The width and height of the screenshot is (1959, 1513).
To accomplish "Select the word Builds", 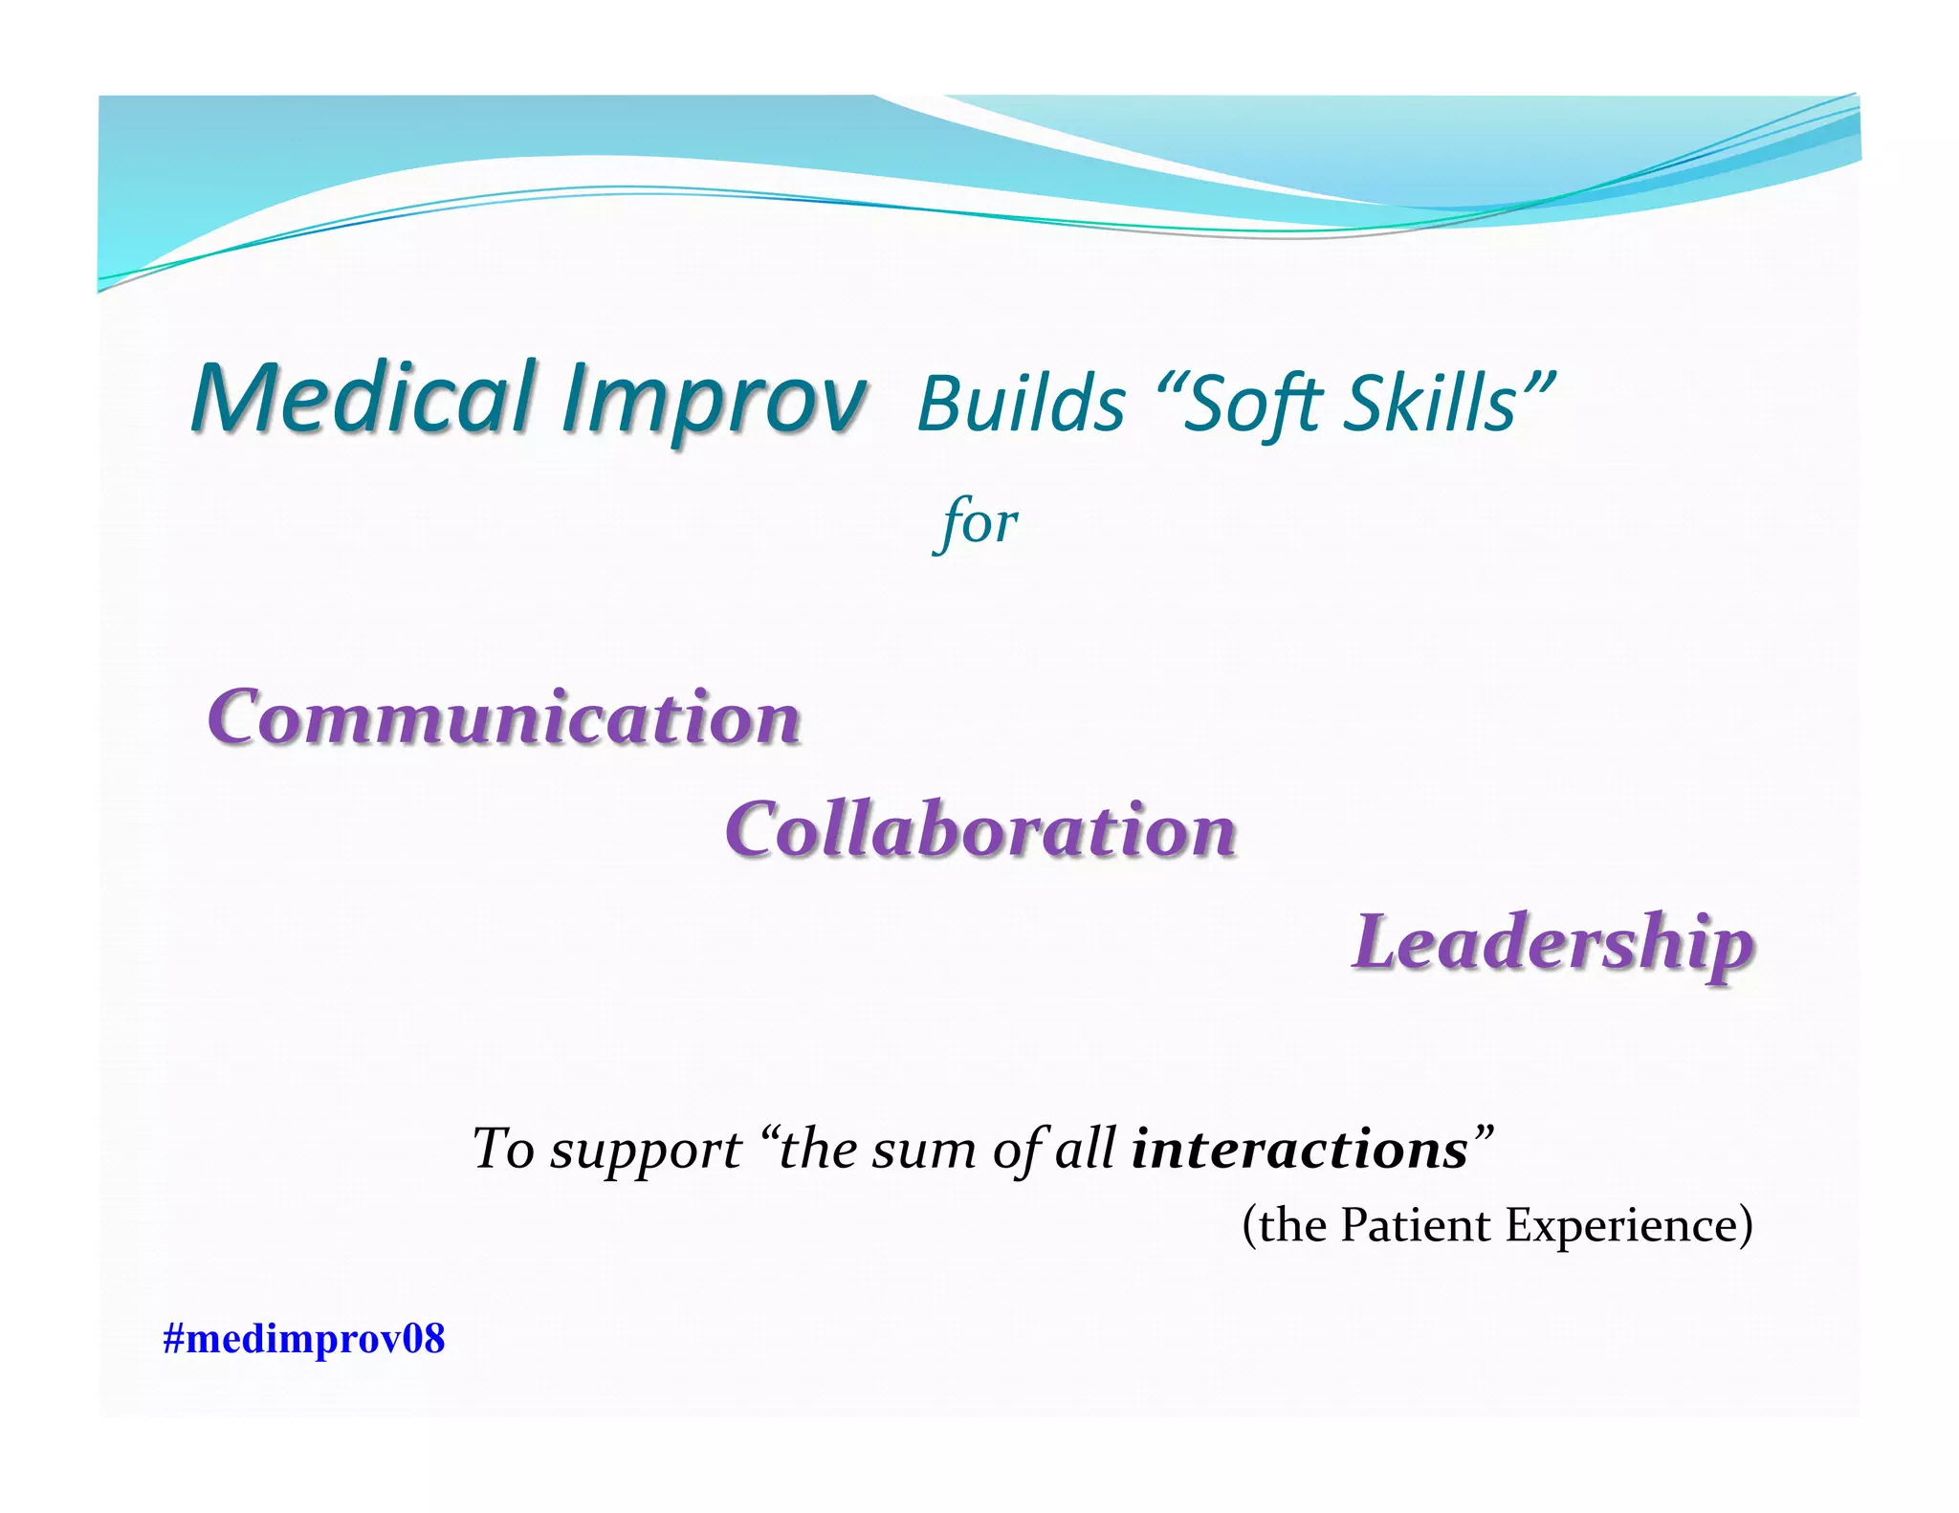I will (1021, 404).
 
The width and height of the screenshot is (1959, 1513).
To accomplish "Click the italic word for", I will (977, 523).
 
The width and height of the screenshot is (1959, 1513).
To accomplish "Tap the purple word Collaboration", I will (980, 829).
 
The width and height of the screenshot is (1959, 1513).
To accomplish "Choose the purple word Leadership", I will (1552, 943).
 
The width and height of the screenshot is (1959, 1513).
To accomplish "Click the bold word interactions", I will (1299, 1149).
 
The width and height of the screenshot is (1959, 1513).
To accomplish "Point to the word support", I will (646, 1151).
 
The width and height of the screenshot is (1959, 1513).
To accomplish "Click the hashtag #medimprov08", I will (303, 1338).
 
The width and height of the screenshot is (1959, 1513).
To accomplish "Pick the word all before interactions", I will (1084, 1149).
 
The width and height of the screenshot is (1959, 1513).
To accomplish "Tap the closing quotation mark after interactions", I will (1483, 1134).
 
